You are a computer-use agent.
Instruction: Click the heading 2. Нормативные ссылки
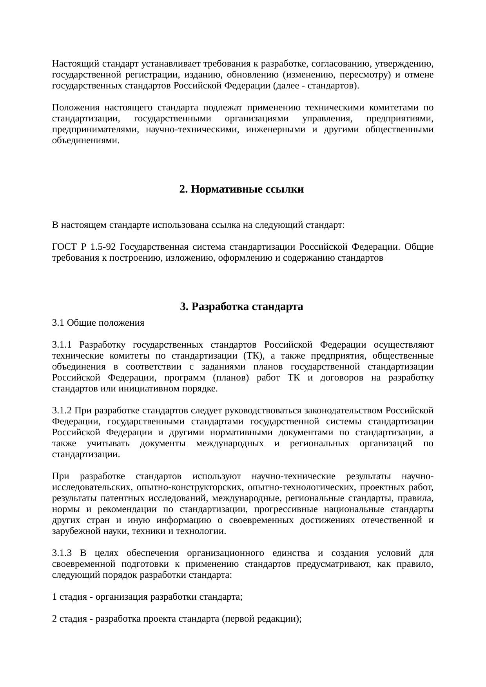(x=241, y=189)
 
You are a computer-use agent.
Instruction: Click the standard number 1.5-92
(x=103, y=247)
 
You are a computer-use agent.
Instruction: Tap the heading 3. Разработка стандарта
(x=241, y=307)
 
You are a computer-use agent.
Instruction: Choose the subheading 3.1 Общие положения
(x=98, y=323)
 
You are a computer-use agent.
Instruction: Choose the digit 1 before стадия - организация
(x=54, y=597)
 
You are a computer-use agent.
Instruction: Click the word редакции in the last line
(x=279, y=619)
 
